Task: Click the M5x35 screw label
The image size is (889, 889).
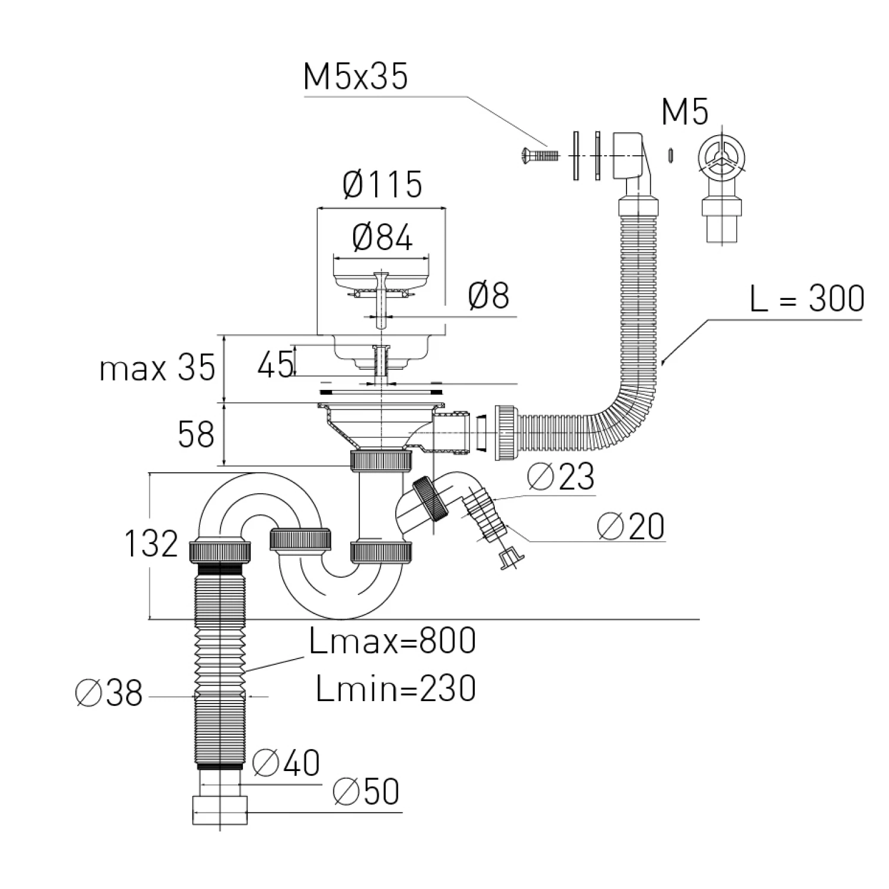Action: click(356, 77)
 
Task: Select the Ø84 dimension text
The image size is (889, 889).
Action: click(382, 238)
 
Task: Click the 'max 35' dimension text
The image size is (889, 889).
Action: click(157, 369)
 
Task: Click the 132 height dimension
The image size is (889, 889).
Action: click(151, 543)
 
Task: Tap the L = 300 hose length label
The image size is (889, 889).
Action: click(807, 298)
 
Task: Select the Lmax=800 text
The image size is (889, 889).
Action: click(392, 641)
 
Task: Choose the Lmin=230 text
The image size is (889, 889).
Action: click(396, 689)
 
